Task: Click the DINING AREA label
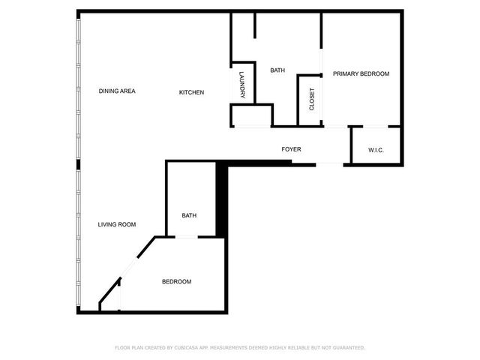click(117, 91)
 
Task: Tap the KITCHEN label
click(191, 92)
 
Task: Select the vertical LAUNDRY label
click(242, 85)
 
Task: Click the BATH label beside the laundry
click(277, 70)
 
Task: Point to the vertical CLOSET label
click(312, 99)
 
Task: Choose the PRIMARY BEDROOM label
click(361, 73)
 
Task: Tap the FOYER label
click(291, 149)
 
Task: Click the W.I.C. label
click(376, 150)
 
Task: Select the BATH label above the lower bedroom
click(189, 216)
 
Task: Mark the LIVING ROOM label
click(117, 224)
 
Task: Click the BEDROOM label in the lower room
click(177, 282)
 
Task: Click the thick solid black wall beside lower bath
click(221, 199)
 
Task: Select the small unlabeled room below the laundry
click(250, 116)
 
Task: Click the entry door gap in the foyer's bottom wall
click(329, 163)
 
